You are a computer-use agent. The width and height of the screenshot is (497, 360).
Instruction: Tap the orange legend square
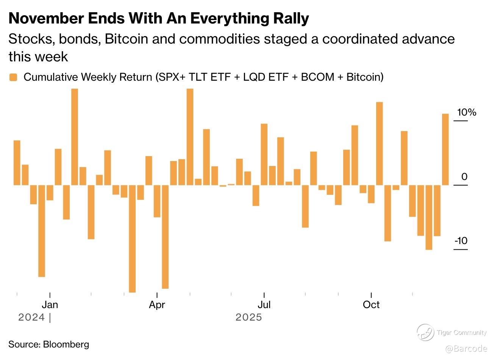coord(13,77)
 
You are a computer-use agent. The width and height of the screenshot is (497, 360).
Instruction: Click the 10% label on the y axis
coord(466,113)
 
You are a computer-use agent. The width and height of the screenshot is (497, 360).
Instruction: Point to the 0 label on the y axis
coord(464,177)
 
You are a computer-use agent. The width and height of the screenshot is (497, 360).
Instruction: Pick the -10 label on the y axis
coord(461,241)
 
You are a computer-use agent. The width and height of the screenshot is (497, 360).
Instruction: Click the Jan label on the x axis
coord(50,305)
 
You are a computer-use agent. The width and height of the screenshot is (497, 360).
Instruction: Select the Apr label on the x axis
coord(157,305)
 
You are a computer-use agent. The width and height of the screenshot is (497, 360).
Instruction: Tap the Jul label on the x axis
coord(264,305)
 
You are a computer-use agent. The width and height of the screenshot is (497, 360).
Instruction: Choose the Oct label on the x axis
coord(371,305)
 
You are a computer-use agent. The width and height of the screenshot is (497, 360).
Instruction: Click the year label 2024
coord(31,317)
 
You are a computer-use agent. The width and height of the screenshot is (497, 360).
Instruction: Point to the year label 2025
coord(248,317)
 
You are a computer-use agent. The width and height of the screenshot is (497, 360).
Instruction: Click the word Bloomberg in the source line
coord(66,344)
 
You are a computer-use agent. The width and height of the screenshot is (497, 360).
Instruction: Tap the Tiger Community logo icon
coord(425,333)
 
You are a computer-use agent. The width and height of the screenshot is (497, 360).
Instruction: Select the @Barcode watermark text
coord(466,349)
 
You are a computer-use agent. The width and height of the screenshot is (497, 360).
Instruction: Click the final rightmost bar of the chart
coord(445,149)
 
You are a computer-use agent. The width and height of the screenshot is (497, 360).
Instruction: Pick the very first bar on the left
coord(17,163)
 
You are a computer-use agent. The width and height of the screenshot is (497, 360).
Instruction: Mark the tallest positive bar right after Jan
coord(75,137)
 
